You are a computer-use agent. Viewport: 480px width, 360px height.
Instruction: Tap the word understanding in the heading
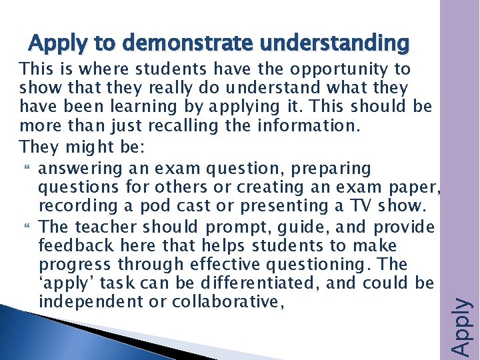(335, 43)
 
